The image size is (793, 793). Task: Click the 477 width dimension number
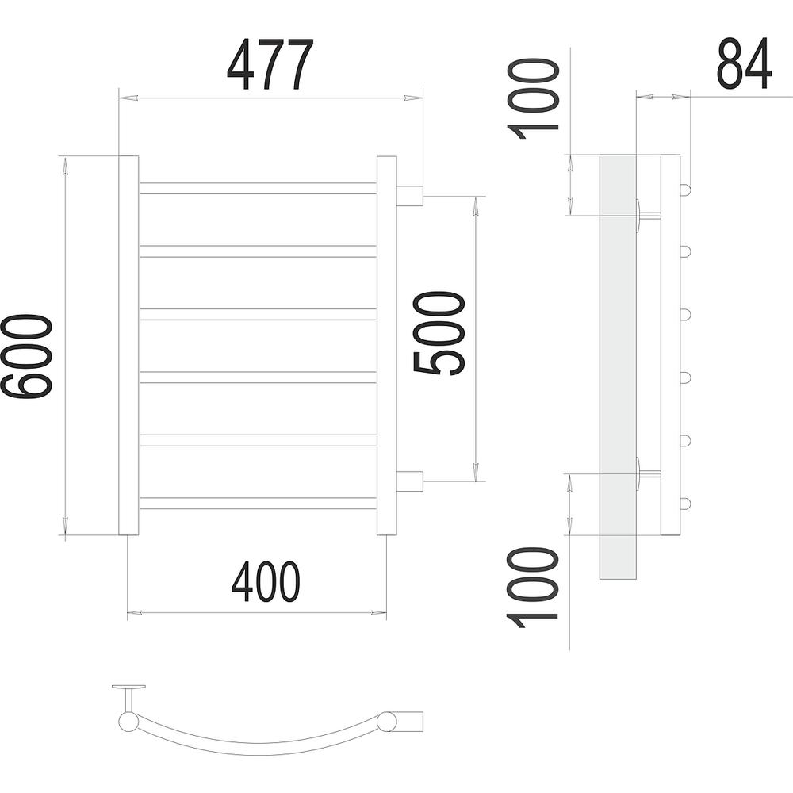click(270, 64)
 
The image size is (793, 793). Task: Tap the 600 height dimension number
click(26, 357)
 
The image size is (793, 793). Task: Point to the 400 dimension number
click(266, 581)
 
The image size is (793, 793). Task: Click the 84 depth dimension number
click(745, 64)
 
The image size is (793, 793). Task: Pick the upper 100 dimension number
click(533, 98)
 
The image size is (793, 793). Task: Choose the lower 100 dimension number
click(533, 588)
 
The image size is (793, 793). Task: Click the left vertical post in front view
click(128, 346)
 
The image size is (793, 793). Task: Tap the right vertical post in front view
click(387, 346)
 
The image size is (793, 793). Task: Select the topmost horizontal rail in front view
click(258, 188)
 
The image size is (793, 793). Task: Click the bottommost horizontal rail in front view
click(258, 504)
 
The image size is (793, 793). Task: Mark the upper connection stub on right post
click(410, 196)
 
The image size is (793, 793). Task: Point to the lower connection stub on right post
click(410, 481)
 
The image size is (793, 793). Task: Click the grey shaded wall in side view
click(618, 366)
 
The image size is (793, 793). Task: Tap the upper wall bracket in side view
click(648, 216)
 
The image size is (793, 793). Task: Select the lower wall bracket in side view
click(648, 474)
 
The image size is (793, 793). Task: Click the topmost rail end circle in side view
click(685, 190)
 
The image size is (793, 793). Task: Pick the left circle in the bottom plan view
click(128, 721)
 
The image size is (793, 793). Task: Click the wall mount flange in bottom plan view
click(129, 688)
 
